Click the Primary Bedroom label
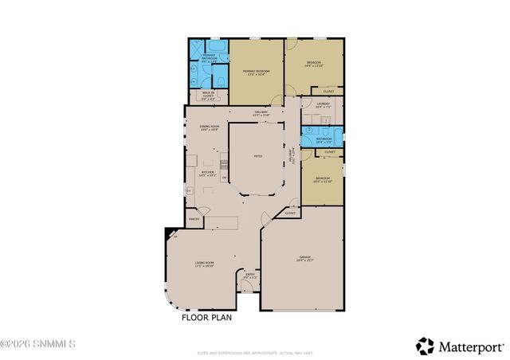tap(257, 72)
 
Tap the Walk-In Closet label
tap(207, 97)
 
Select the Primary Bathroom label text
tap(208, 57)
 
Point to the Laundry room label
tap(323, 105)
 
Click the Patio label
tap(258, 157)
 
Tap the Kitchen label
tap(207, 171)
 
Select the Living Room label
tap(205, 264)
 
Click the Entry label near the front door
tap(250, 276)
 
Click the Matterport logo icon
tap(425, 346)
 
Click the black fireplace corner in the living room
tap(170, 233)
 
